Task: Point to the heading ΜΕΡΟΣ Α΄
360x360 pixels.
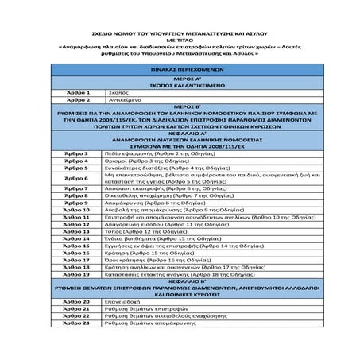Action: point(179,79)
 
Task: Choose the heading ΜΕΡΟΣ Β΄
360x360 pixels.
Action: point(179,107)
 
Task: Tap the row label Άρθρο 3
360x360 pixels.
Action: point(76,158)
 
